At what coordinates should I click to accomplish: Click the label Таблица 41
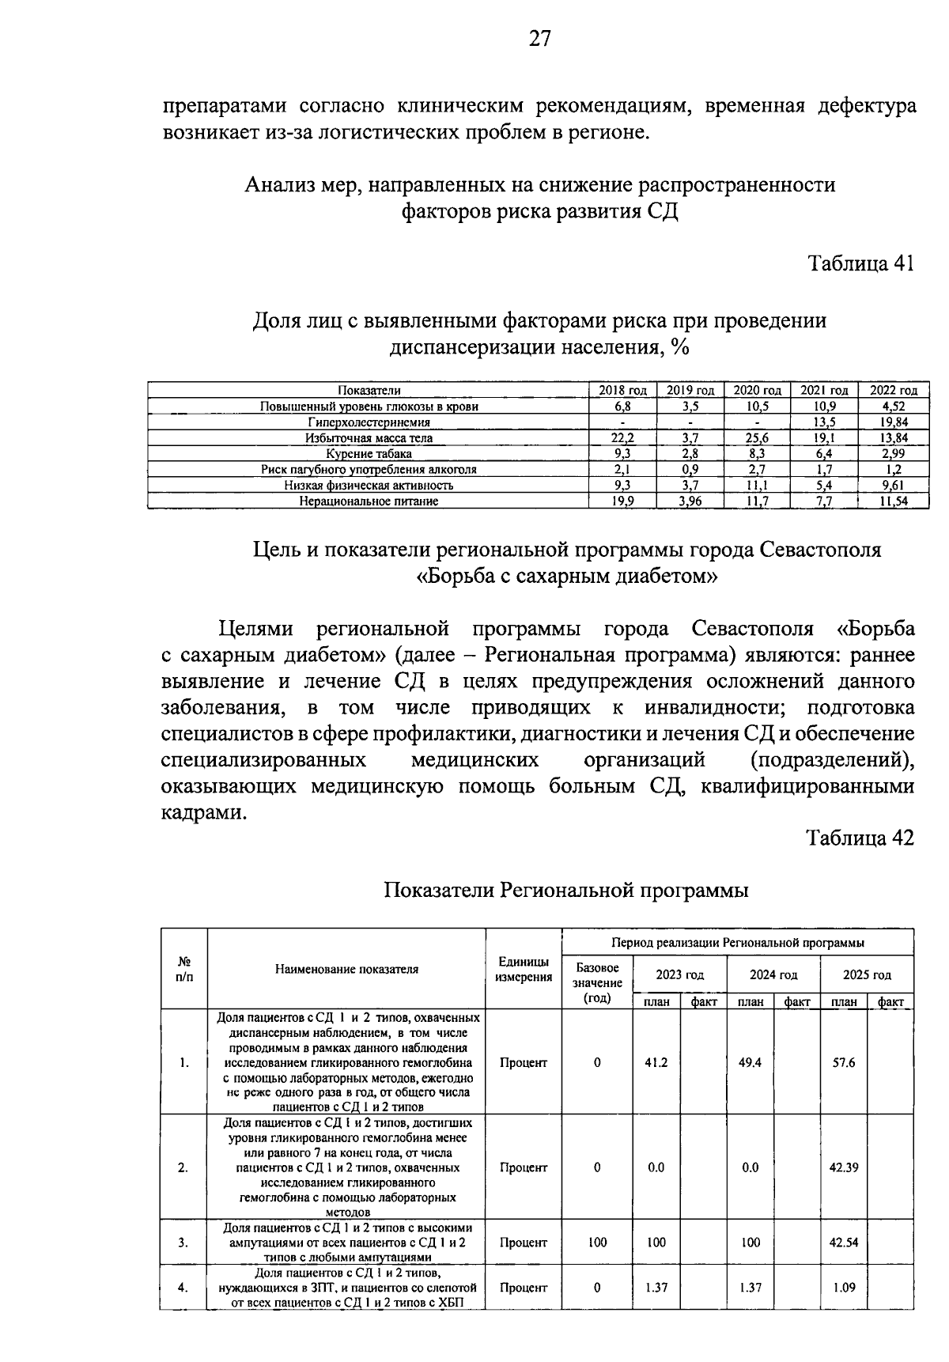860,263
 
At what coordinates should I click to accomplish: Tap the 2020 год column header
757,390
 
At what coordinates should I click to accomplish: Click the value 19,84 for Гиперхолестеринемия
894,422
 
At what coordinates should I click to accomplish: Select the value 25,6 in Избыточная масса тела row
757,437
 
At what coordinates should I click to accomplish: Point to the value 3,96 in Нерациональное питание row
690,501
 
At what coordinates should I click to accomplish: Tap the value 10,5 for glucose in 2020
757,406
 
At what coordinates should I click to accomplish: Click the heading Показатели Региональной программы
566,890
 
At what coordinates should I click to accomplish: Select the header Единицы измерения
524,969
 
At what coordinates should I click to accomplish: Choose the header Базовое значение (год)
597,982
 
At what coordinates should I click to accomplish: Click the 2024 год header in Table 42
773,974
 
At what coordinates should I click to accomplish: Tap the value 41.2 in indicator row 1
656,1062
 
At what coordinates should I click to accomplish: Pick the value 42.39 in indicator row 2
844,1167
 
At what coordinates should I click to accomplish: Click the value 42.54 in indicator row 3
844,1243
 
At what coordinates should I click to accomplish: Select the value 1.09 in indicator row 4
844,1288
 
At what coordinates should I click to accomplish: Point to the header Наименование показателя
346,969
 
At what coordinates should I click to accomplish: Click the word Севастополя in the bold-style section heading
819,549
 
